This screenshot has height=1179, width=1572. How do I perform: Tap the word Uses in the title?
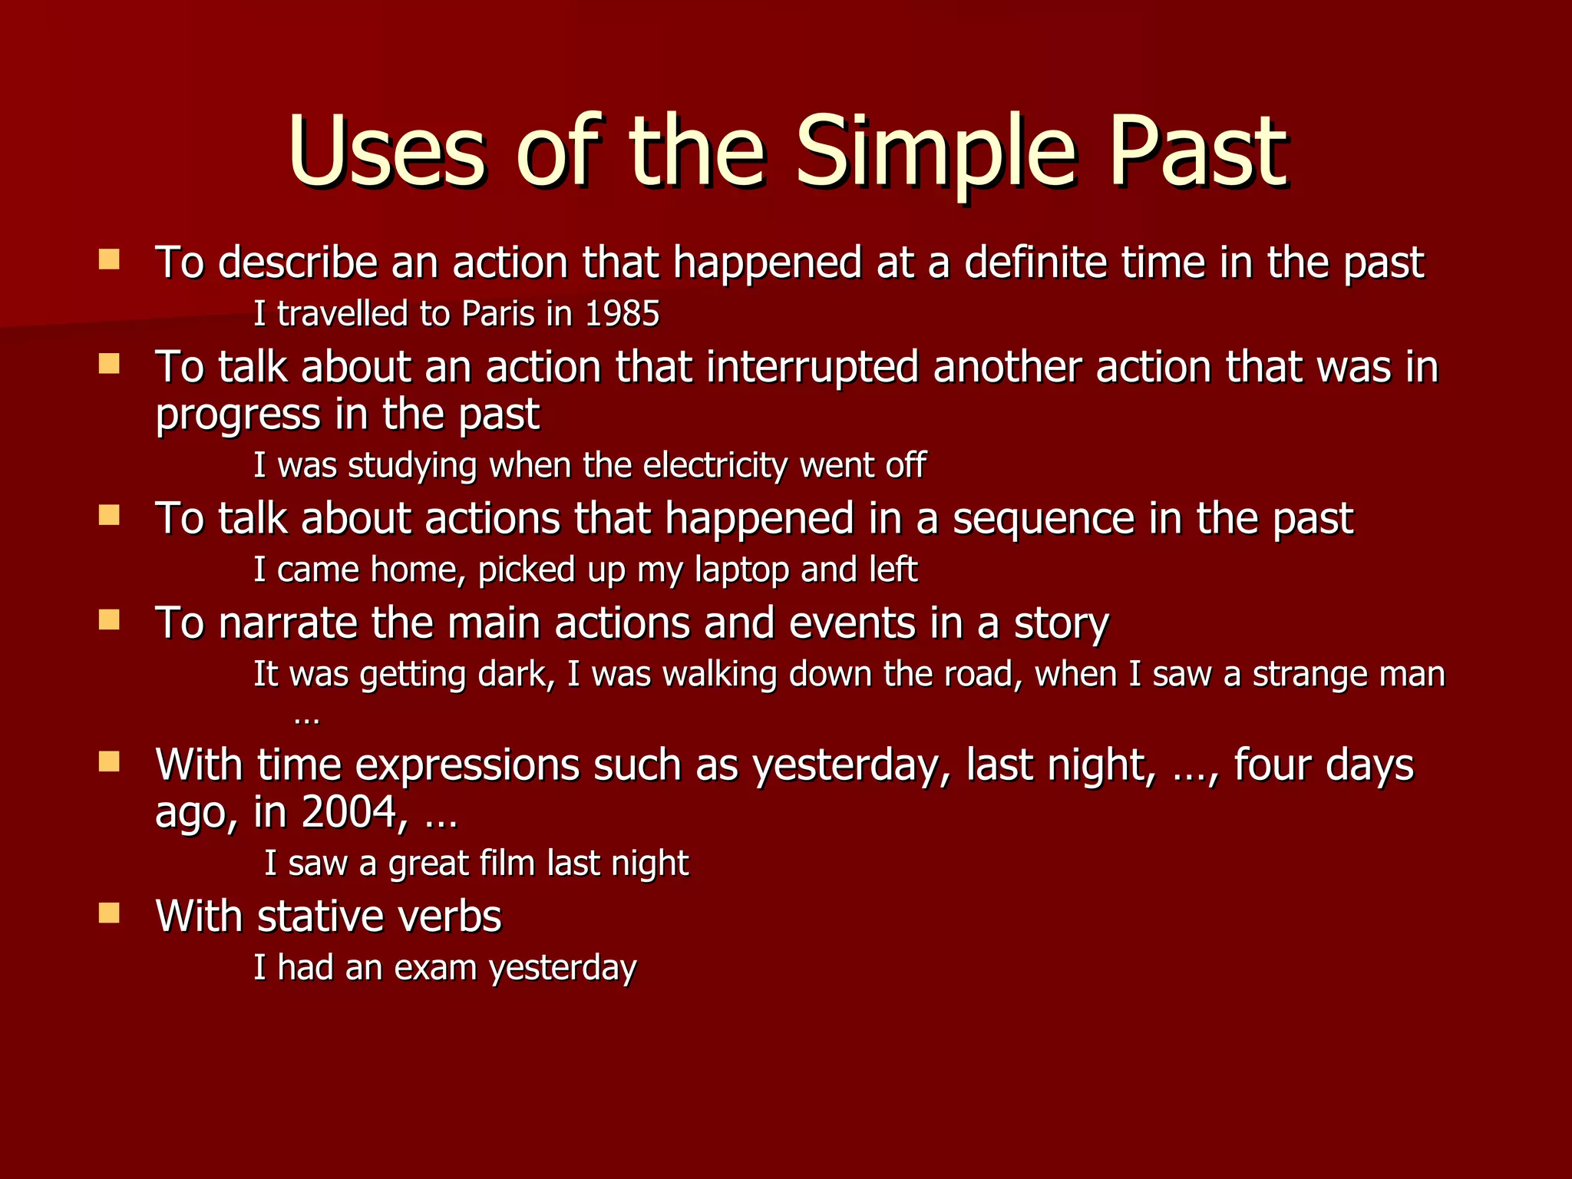point(387,151)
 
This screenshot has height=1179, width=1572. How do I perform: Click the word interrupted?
point(812,368)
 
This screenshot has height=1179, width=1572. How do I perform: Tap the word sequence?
point(1043,519)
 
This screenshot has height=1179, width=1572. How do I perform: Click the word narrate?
point(288,623)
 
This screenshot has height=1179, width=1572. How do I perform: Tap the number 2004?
point(349,813)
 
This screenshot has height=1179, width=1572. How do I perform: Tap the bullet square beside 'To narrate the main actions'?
point(110,619)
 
